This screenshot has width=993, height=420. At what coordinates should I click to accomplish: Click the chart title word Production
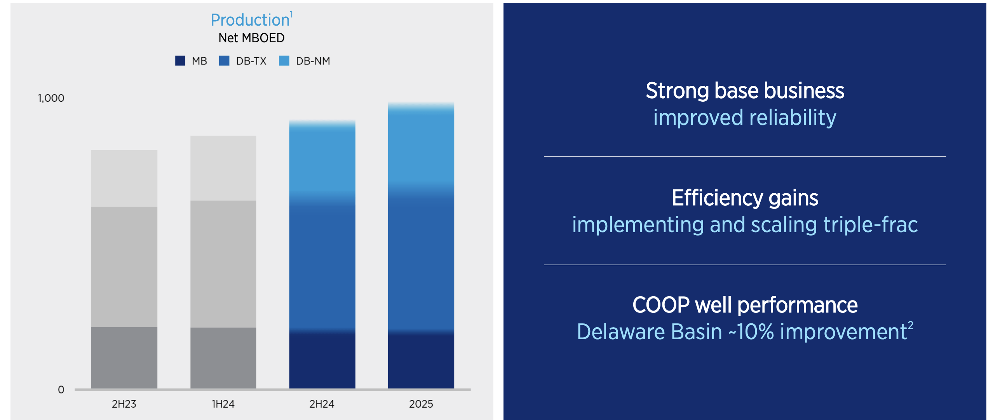[250, 20]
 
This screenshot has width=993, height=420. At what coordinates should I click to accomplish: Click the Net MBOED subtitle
[251, 38]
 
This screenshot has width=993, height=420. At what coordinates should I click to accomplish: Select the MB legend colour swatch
[180, 61]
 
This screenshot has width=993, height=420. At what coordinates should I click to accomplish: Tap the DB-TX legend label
[251, 61]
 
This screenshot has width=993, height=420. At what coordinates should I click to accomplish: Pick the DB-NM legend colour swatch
[284, 61]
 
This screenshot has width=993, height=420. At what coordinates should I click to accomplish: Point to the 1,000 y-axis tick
[51, 98]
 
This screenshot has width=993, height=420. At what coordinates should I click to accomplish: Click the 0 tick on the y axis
[61, 390]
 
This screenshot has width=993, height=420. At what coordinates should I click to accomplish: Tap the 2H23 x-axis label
[124, 404]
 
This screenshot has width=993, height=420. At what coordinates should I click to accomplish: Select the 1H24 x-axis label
[223, 404]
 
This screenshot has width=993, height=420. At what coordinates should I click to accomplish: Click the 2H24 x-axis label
[322, 404]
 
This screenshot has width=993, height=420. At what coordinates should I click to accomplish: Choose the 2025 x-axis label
[421, 404]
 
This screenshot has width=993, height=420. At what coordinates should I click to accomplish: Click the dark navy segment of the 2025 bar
[421, 361]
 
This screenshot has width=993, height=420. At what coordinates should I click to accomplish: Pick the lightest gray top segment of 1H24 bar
[223, 168]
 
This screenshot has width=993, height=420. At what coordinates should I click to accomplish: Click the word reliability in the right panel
[793, 118]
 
